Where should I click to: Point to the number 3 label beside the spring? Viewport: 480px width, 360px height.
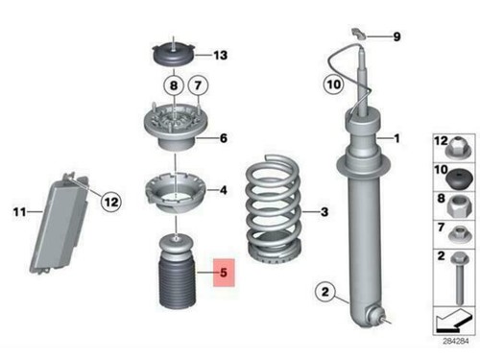pos(324,212)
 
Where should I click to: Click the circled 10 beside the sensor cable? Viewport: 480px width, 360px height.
pos(330,84)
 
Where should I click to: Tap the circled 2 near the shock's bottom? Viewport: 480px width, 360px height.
pos(324,292)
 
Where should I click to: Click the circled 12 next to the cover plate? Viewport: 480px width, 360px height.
pos(110,202)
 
